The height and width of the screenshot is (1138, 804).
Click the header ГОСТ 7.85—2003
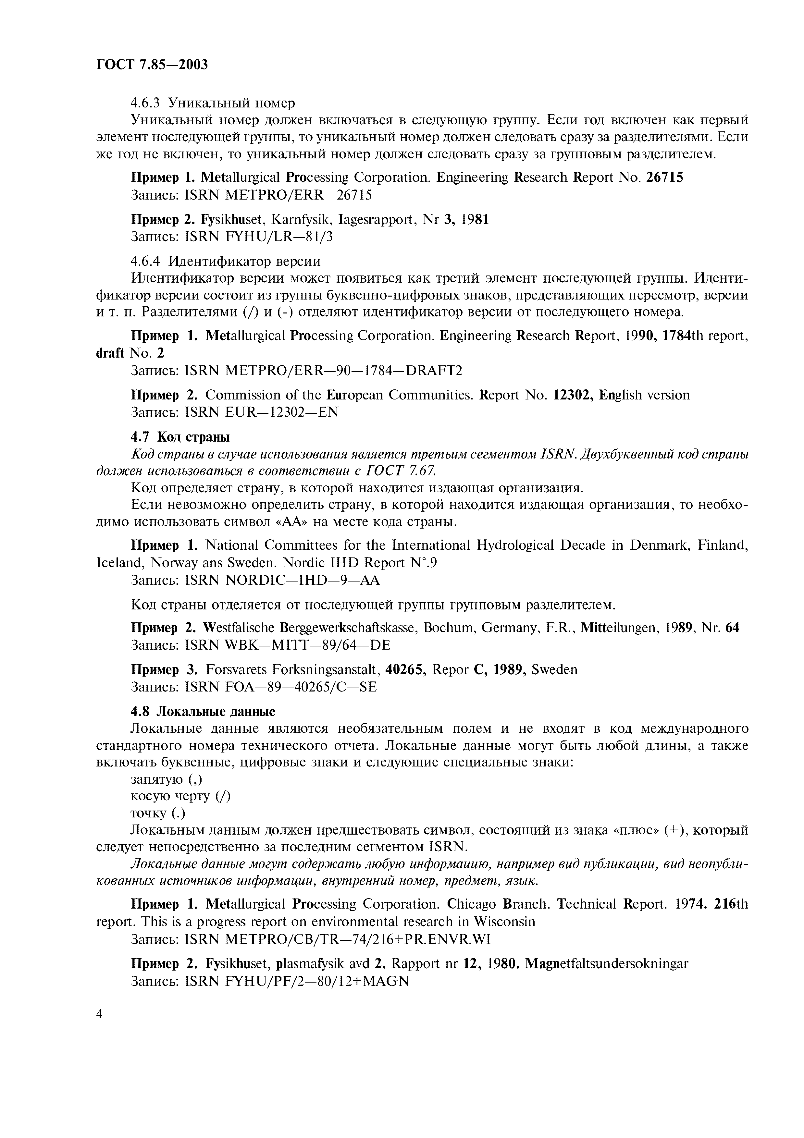(x=151, y=65)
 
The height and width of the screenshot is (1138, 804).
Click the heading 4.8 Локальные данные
(x=203, y=712)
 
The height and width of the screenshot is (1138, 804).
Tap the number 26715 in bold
(x=665, y=177)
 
